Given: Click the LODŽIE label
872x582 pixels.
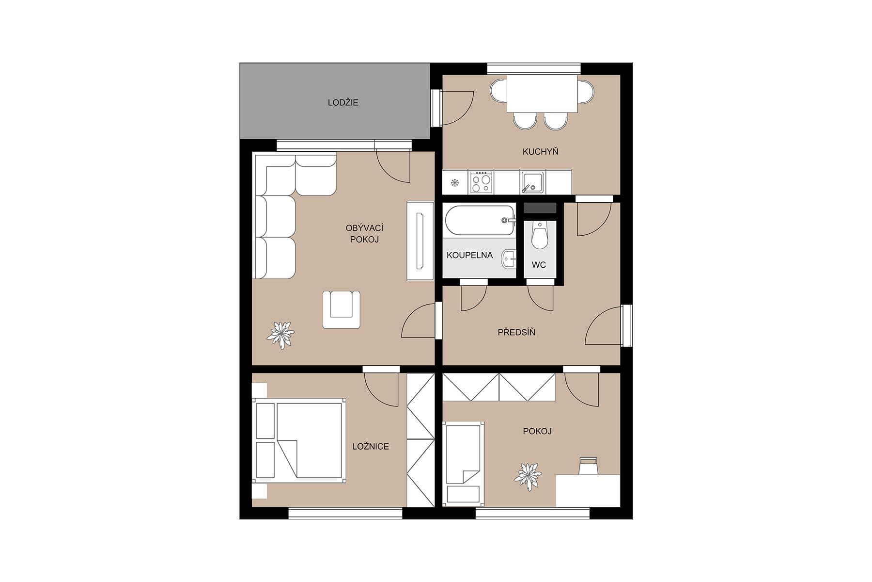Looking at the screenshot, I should point(343,103).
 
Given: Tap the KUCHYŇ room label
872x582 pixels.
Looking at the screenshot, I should point(540,152).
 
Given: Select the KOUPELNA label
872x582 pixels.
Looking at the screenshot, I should point(469,255).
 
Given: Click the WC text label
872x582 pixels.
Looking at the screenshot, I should point(539,265).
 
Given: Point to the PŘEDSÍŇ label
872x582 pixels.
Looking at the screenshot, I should point(516,333).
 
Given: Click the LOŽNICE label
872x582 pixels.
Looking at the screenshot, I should point(371,447).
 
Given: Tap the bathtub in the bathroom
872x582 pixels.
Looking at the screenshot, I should point(479,221).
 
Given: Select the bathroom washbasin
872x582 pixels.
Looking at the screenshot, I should point(509,259).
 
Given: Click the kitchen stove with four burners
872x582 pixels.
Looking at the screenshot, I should point(481,182).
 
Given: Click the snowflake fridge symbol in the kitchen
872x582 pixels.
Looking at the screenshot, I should point(455,183).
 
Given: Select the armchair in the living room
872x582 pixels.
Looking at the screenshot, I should point(341,309).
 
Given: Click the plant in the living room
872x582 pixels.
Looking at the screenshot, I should point(280,335).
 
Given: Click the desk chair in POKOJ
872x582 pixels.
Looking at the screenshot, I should point(588,466).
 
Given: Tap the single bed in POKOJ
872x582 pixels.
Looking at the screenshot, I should point(464,463).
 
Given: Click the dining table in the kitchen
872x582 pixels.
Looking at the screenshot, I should point(542,94).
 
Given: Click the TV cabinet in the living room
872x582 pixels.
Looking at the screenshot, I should point(420,241).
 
